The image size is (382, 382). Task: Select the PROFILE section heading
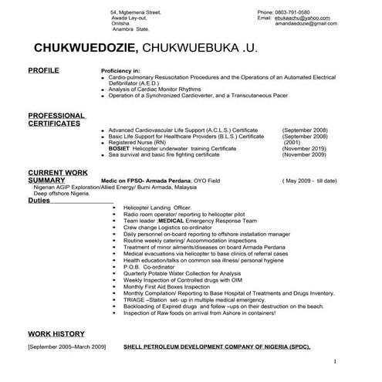(x=43, y=70)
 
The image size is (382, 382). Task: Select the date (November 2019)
(x=304, y=149)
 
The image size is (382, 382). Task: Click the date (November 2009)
(x=304, y=154)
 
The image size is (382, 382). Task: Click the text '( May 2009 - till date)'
(x=310, y=181)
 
